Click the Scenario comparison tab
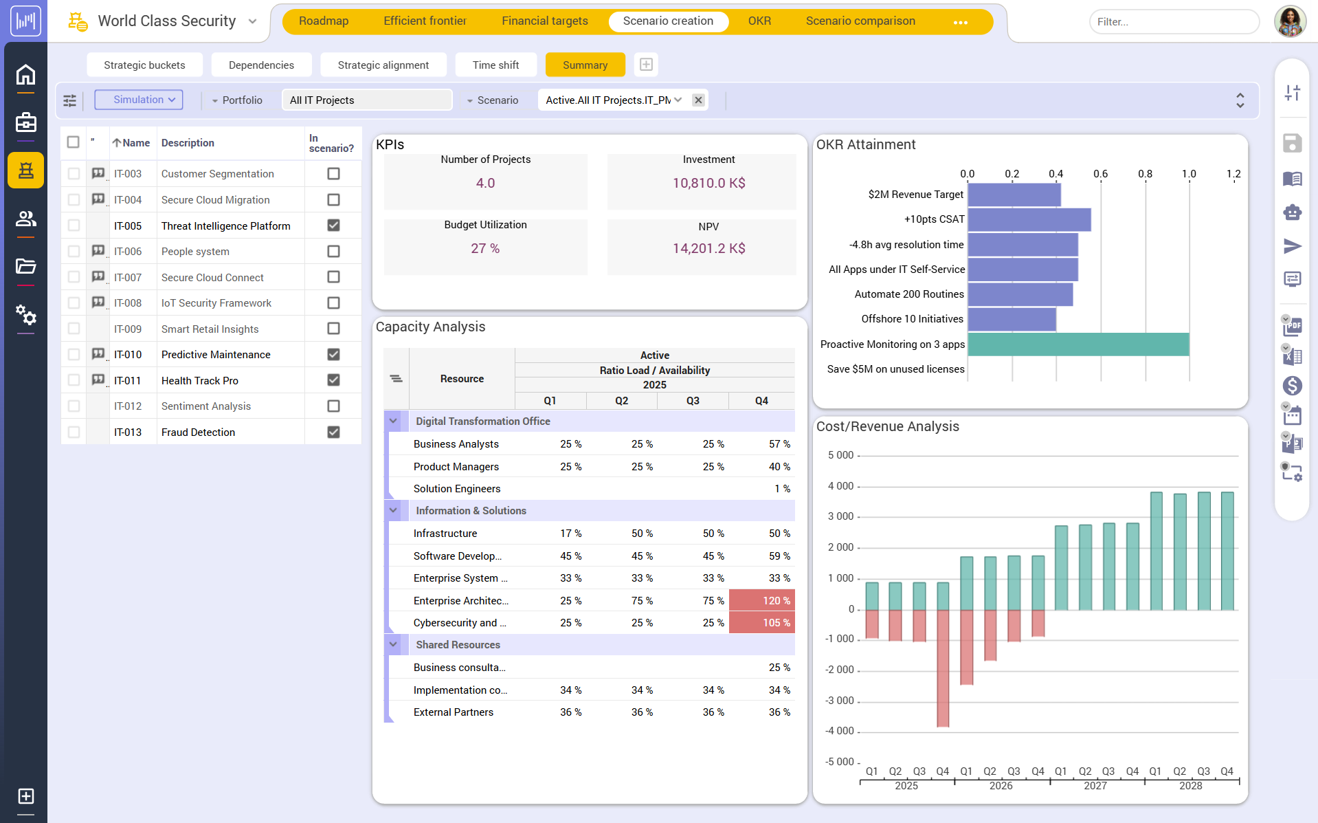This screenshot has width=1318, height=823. point(860,21)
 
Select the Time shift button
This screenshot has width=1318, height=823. point(495,65)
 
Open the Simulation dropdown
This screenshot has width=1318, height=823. point(139,100)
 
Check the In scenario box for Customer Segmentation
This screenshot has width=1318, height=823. point(333,174)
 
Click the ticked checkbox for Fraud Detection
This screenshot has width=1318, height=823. point(333,432)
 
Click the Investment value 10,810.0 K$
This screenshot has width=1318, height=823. point(708,184)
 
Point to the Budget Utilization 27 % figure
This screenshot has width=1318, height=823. point(485,248)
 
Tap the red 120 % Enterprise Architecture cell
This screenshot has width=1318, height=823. point(762,601)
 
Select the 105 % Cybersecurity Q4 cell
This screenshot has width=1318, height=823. point(762,623)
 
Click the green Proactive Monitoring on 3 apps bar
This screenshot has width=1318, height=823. point(1077,344)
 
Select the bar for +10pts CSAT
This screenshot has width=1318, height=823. point(1029,219)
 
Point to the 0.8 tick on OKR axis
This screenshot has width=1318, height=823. point(1145,174)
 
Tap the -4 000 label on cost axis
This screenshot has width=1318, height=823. point(840,731)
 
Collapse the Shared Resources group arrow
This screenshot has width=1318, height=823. point(393,645)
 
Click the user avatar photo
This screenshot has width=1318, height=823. point(1290,21)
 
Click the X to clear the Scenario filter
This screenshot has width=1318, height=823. point(698,100)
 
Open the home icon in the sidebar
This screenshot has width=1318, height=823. point(25,74)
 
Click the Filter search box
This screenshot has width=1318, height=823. point(1173,22)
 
